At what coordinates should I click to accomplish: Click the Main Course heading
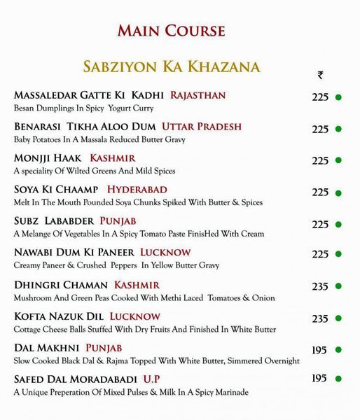pos(172,31)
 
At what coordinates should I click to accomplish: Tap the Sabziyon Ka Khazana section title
pos(172,67)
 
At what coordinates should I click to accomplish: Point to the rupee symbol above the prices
pos(320,76)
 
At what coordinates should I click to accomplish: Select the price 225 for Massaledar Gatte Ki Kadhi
pos(320,97)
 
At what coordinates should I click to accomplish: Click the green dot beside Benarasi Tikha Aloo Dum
pos(338,129)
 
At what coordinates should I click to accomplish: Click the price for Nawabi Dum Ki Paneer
pos(320,256)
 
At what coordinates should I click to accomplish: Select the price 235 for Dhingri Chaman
pos(320,288)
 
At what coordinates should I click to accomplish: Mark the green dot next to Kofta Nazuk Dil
pos(338,319)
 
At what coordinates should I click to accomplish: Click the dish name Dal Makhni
pos(46,348)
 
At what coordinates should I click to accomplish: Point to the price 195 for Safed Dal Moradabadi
pos(319,379)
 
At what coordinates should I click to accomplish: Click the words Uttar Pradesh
pos(202,127)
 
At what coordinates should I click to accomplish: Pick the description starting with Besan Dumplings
pos(83,108)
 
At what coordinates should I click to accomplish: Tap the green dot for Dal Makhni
pos(338,350)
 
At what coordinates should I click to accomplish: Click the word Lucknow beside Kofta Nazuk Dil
pos(135,316)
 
